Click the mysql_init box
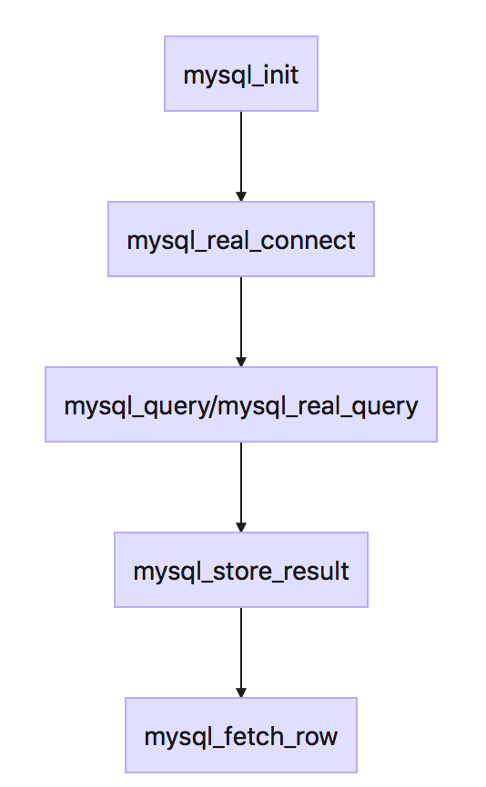pos(240,74)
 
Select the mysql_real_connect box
pos(240,239)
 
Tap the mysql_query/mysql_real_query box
pos(240,404)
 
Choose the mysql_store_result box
pos(240,570)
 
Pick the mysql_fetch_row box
pos(240,735)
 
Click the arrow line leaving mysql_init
pos(241,150)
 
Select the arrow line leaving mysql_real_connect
pos(241,315)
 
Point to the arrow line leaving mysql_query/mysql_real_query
pos(241,481)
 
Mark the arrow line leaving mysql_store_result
pos(241,646)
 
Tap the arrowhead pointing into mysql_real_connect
pos(241,195)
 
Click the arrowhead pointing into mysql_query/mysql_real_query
pos(241,361)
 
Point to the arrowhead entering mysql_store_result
pos(241,526)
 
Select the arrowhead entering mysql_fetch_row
pos(241,692)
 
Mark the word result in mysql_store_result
pos(320,571)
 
